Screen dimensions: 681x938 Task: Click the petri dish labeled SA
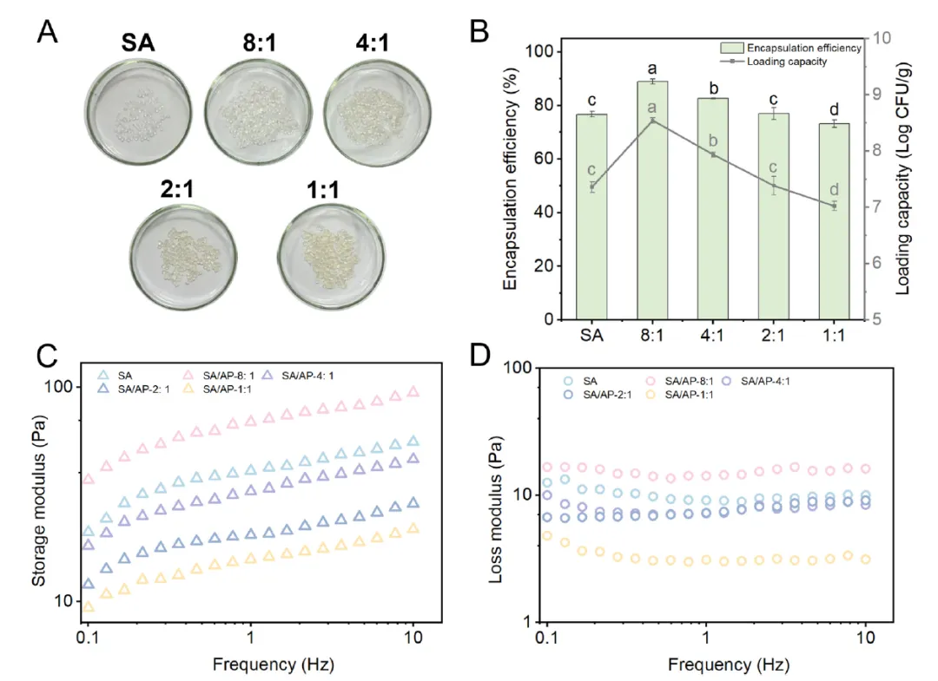tap(138, 113)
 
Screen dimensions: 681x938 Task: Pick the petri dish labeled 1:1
tap(327, 256)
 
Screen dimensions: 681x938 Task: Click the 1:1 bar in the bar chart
tap(834, 221)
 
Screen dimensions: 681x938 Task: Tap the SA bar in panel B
tap(591, 217)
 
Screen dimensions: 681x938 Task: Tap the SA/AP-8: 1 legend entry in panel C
tap(229, 375)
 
